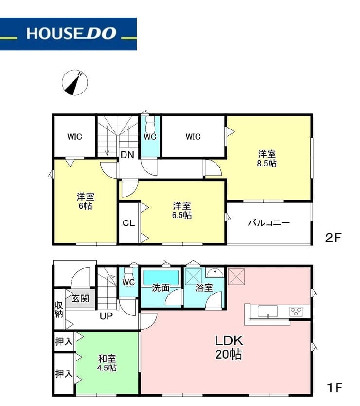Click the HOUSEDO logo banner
pyautogui.click(x=68, y=34)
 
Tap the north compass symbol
pyautogui.click(x=75, y=82)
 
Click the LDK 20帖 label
pyautogui.click(x=229, y=348)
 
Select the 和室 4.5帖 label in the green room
pyautogui.click(x=107, y=363)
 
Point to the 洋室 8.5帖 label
pyautogui.click(x=267, y=159)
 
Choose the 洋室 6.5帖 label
pyautogui.click(x=182, y=210)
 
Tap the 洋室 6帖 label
pyautogui.click(x=86, y=201)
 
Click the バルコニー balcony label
pyautogui.click(x=269, y=222)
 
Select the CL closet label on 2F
pyautogui.click(x=128, y=223)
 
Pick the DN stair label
pyautogui.click(x=127, y=155)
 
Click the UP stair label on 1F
pyautogui.click(x=107, y=316)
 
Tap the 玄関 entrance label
pyautogui.click(x=80, y=298)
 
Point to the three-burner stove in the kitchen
pyautogui.click(x=296, y=311)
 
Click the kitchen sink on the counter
pyautogui.click(x=268, y=311)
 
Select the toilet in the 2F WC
pyautogui.click(x=150, y=125)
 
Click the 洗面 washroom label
pyautogui.click(x=161, y=288)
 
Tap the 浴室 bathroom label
pyautogui.click(x=204, y=288)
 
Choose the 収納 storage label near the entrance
pyautogui.click(x=59, y=309)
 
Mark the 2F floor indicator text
pyautogui.click(x=333, y=238)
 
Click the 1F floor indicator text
pyautogui.click(x=335, y=388)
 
